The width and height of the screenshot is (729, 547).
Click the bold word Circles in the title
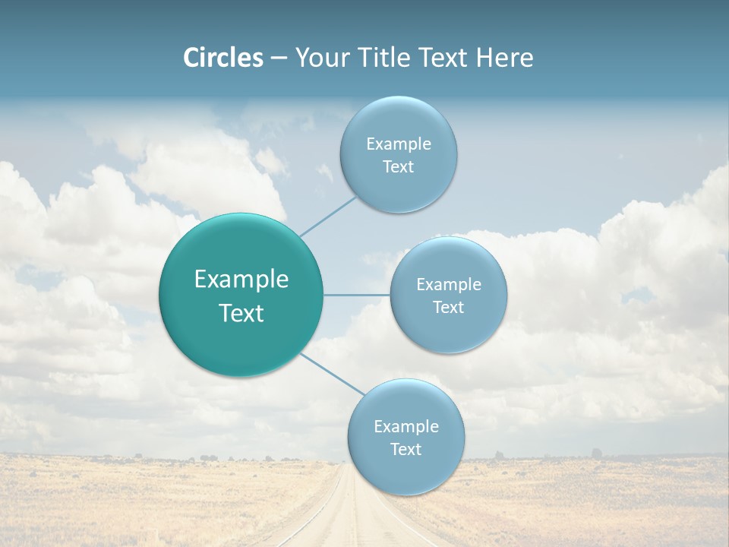pyautogui.click(x=223, y=58)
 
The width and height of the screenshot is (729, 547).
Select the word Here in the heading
pyautogui.click(x=504, y=58)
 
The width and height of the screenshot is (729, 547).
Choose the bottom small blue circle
pyautogui.click(x=406, y=471)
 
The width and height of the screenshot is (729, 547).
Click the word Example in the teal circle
pyautogui.click(x=241, y=280)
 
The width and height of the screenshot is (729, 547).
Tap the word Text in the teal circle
pyautogui.click(x=241, y=313)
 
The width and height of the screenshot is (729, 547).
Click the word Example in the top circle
pyautogui.click(x=399, y=144)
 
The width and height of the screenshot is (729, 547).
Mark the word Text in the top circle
pyautogui.click(x=398, y=167)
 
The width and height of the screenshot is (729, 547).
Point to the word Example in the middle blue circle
pyautogui.click(x=449, y=285)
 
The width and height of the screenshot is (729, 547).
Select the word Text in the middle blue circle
pyautogui.click(x=449, y=308)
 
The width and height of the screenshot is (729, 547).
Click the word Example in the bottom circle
pyautogui.click(x=406, y=427)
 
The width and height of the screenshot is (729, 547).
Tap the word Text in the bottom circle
pyautogui.click(x=406, y=450)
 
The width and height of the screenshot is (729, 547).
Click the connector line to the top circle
pyautogui.click(x=329, y=216)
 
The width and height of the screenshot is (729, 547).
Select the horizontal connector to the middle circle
pyautogui.click(x=357, y=295)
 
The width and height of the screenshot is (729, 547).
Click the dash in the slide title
pyautogui.click(x=279, y=58)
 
